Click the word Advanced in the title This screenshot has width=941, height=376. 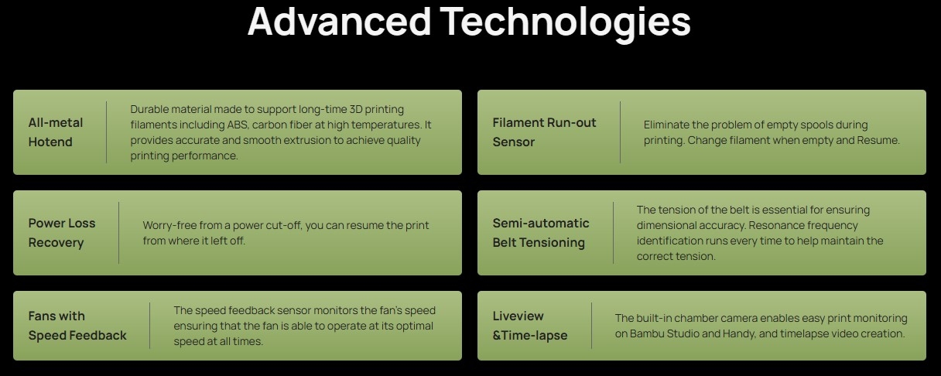pyautogui.click(x=340, y=21)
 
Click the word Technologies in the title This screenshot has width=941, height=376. pyautogui.click(x=566, y=24)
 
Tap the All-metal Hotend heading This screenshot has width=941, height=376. pyautogui.click(x=56, y=132)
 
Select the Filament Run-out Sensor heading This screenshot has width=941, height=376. pyautogui.click(x=545, y=132)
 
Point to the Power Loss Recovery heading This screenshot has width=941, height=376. pyautogui.click(x=62, y=233)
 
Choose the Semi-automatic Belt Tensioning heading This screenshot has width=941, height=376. pyautogui.click(x=541, y=233)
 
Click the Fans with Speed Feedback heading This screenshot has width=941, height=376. pyautogui.click(x=77, y=326)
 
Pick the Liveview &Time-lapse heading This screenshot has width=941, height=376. pyautogui.click(x=530, y=326)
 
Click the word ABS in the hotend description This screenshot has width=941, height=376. pyautogui.click(x=238, y=125)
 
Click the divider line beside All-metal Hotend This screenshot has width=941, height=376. pyautogui.click(x=106, y=132)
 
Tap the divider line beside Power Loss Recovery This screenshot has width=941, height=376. pyautogui.click(x=119, y=233)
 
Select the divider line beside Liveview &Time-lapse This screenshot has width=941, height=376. pyautogui.click(x=591, y=326)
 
